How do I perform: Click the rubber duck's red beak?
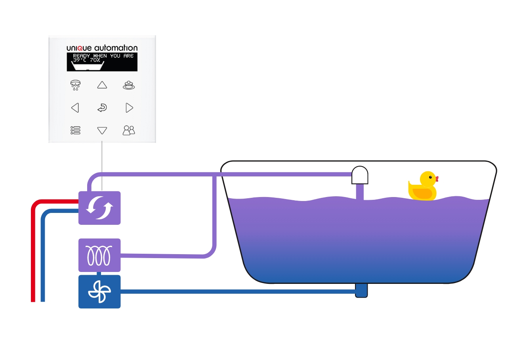[x=437, y=179]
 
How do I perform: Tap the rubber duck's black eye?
[x=430, y=177]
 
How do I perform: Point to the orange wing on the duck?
[x=422, y=193]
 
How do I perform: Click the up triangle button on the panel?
[x=102, y=85]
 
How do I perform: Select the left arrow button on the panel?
[x=75, y=108]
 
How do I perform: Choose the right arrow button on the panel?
[x=129, y=108]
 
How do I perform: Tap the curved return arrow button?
[x=102, y=108]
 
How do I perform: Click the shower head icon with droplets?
[x=75, y=85]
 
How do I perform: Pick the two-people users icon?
[x=129, y=130]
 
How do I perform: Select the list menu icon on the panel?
[x=75, y=130]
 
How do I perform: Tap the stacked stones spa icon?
[x=129, y=85]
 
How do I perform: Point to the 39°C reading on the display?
[x=80, y=60]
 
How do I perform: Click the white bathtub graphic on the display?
[x=88, y=66]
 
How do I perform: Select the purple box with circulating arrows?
[x=99, y=208]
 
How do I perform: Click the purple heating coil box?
[x=99, y=255]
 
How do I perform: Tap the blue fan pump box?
[x=99, y=292]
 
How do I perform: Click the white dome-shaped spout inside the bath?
[x=360, y=175]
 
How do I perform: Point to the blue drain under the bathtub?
[x=361, y=290]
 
